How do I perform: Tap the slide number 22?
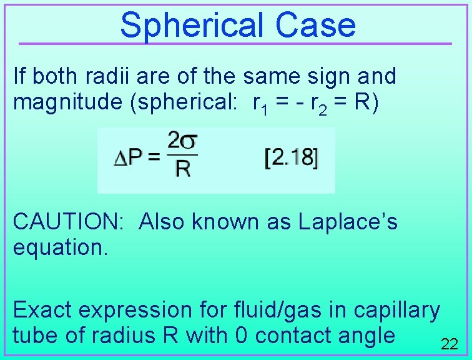click(x=450, y=344)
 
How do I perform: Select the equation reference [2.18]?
click(x=291, y=158)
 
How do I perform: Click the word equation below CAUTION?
click(x=61, y=247)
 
